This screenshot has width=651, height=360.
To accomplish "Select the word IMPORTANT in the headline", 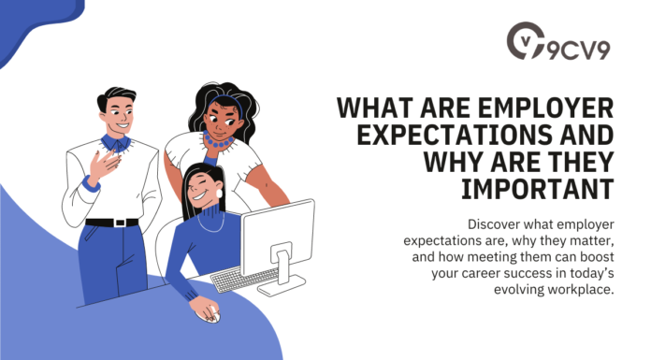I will coord(538,189).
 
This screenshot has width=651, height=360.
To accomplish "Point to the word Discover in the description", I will coord(494,223).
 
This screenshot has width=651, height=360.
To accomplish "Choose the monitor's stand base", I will coord(280,285).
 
